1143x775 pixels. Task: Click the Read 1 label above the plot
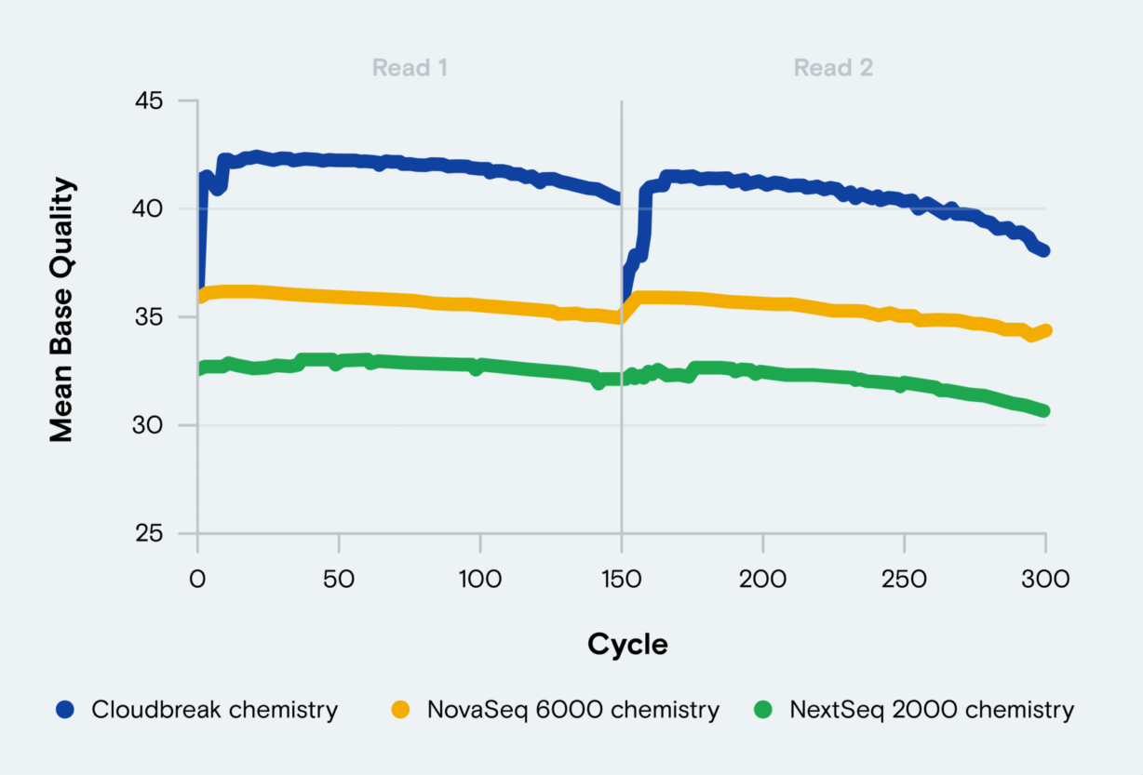[410, 68]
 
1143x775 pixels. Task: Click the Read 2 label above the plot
[833, 68]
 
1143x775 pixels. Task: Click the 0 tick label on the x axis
[197, 579]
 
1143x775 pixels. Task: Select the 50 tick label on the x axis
[339, 579]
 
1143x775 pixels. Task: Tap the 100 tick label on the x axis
[479, 579]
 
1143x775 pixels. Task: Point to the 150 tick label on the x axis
[621, 579]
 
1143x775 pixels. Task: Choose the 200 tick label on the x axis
[762, 579]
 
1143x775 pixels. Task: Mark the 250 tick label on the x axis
[904, 579]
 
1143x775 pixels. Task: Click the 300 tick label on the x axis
[1044, 579]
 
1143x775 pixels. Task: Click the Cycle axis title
[627, 645]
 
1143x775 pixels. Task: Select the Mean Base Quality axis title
[61, 310]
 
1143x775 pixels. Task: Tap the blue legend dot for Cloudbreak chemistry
[64, 711]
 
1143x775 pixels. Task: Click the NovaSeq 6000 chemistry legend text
[573, 711]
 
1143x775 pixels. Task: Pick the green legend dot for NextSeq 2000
[762, 711]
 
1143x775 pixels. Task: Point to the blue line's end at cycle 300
[1043, 250]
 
